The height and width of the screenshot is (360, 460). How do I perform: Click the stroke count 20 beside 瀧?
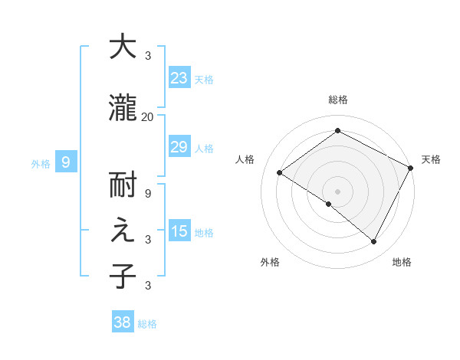pos(147,117)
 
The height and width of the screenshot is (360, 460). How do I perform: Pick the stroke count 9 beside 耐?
pos(147,193)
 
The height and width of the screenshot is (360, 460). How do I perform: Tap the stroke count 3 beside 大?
pos(147,56)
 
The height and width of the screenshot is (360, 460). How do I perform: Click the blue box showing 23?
pos(179,77)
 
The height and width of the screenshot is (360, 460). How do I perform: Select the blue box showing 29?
pos(179,147)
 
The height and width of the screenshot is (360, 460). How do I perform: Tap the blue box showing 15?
pos(179,231)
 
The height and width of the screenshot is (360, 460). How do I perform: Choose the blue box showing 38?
pos(122,322)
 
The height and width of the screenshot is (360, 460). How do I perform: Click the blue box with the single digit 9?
pos(66,162)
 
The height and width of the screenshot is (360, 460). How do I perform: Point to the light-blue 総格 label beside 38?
pos(147,324)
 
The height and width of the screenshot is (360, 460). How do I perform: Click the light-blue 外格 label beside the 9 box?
pos(41,163)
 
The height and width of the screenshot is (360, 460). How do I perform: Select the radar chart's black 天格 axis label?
pos(431,159)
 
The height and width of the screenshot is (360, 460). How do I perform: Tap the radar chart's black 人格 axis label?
pos(245,159)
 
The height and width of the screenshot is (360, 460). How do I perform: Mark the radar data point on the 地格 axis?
pos(374,242)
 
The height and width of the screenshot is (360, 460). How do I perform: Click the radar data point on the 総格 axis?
pos(337,131)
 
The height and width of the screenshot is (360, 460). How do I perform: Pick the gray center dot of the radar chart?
pos(337,190)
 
